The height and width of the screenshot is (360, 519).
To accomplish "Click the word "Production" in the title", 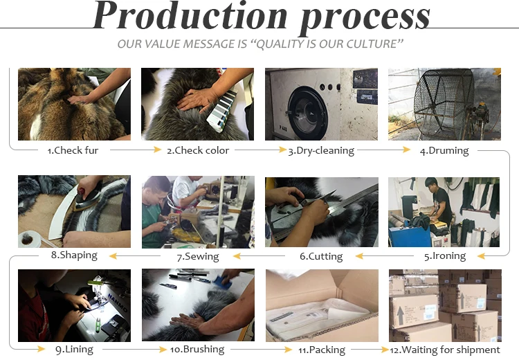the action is (190, 15).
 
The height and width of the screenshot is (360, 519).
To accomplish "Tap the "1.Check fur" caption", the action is (73, 150).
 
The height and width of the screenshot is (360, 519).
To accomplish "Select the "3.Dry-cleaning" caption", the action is (321, 151).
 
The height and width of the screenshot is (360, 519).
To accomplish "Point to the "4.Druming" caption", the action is (444, 151).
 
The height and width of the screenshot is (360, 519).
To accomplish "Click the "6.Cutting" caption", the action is (321, 256).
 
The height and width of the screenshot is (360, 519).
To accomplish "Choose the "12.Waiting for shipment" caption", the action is (445, 350).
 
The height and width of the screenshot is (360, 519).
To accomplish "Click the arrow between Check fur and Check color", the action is (136, 150).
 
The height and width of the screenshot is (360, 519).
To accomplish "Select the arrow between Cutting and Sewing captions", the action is (259, 255).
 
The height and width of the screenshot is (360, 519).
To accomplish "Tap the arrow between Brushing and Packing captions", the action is (261, 349).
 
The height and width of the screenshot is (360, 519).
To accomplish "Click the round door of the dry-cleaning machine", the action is (308, 113).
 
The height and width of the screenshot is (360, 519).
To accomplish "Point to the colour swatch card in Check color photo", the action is (221, 110).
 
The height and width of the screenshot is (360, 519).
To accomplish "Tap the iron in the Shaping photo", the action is (88, 199).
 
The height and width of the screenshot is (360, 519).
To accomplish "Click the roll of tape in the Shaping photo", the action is (29, 239).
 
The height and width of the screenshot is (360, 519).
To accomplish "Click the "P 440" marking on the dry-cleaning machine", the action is (283, 128).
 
